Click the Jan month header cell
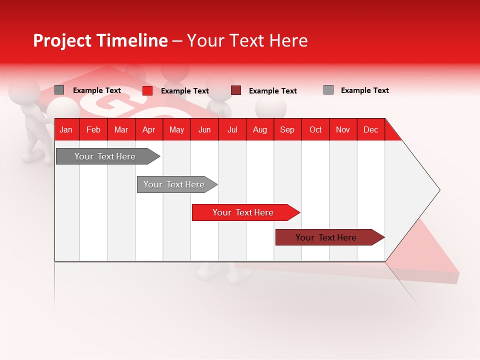click(66, 129)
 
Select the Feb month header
click(93, 129)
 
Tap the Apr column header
click(148, 129)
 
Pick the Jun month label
click(204, 129)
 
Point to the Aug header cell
click(259, 129)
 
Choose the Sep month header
click(287, 129)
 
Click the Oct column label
click(315, 129)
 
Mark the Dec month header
click(370, 129)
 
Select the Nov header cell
click(343, 129)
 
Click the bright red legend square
click(147, 90)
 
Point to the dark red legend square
click(236, 90)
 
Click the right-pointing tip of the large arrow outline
click(439, 190)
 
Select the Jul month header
click(232, 129)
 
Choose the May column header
click(176, 129)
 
